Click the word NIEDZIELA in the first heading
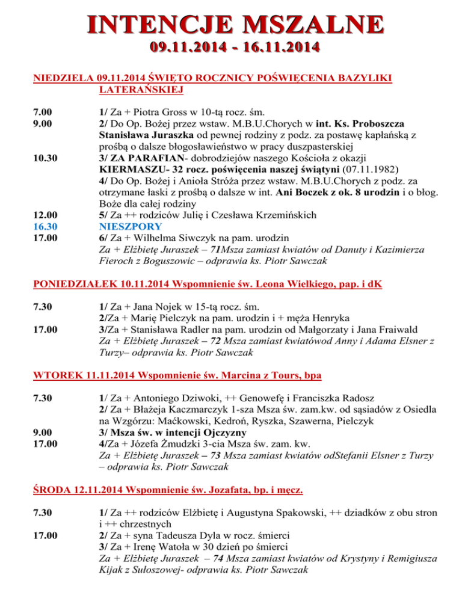[x=63, y=78]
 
